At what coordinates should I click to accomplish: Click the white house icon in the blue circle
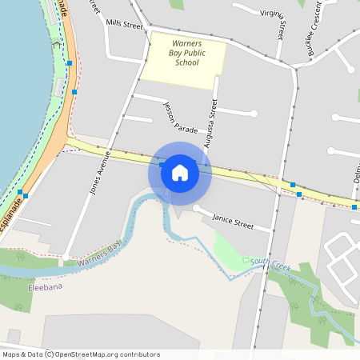coord(180,172)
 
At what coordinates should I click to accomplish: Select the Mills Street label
coord(124,26)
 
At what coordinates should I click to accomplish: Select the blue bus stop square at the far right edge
coord(354,207)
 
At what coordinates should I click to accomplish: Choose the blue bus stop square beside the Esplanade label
coord(26,194)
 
